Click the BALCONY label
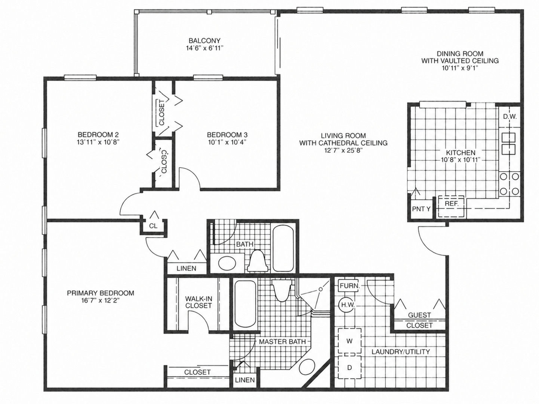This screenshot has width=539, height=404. [204, 40]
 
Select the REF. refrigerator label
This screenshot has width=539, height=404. [451, 203]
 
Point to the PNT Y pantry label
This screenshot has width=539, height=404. [421, 209]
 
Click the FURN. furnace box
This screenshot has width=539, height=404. [349, 286]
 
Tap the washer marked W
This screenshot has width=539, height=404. [349, 341]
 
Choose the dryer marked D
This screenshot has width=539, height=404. [349, 367]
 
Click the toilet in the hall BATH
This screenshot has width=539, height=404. [257, 261]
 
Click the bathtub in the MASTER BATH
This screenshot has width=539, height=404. [245, 304]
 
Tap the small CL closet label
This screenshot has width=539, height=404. [153, 226]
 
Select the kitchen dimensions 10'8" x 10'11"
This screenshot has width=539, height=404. [461, 160]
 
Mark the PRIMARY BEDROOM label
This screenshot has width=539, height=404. [101, 293]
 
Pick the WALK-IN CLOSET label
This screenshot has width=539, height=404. [198, 302]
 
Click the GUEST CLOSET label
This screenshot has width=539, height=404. [419, 320]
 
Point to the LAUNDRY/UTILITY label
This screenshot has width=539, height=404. [401, 352]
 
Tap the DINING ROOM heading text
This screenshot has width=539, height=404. [460, 53]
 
